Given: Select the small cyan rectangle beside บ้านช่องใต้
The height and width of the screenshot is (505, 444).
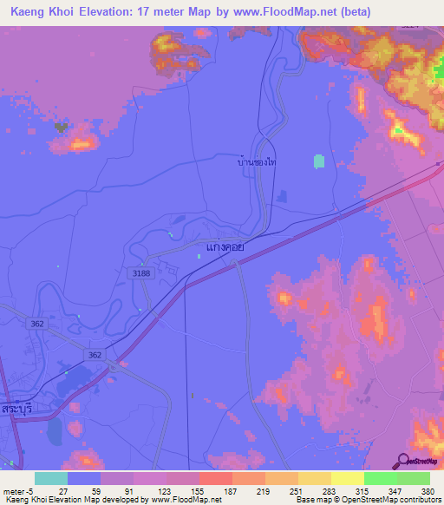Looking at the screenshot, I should click(318, 161).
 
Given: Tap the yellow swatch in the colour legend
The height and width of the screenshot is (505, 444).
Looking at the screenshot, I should click(347, 478).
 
